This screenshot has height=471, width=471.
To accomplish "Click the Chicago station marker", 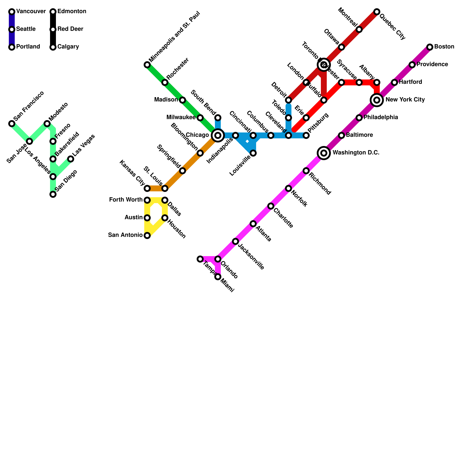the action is point(218,135).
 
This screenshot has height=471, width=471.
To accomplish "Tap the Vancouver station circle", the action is point(12,12).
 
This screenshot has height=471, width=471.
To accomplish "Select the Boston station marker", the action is point(430,47).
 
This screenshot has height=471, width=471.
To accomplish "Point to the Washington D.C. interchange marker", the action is point(324,153).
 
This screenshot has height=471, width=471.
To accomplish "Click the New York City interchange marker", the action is point(377,100).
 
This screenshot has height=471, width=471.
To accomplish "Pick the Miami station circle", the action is point(218,277).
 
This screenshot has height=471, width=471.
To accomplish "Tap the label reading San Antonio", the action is point(125,235).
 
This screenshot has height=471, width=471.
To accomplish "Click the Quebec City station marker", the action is point(377,12).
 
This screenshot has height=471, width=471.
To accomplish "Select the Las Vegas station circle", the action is point(71,159).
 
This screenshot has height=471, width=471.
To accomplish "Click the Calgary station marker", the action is point(53,47).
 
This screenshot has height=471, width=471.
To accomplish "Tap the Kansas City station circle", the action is point(147,188).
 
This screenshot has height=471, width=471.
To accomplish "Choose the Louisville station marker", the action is point(253,153).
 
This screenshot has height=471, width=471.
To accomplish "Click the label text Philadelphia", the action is point(381,117).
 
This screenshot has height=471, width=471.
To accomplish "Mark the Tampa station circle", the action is point(200,259).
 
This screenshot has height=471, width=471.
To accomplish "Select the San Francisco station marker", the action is point(12,124).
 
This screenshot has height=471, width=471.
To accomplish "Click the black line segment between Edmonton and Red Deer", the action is point(53,21).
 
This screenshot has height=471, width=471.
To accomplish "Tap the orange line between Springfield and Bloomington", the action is point(191,162).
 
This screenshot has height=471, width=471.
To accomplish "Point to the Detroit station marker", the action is point(288,100).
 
